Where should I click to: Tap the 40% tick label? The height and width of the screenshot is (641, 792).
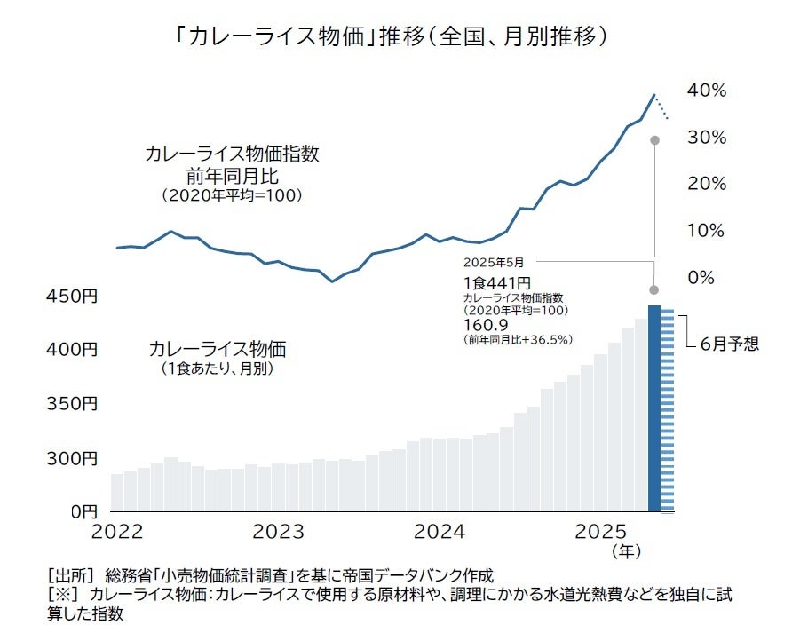tap(707, 91)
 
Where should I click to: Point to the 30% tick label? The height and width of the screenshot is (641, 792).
tap(707, 138)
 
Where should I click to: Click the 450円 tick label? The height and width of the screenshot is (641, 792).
tap(73, 297)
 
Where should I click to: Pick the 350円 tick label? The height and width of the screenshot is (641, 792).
tap(73, 404)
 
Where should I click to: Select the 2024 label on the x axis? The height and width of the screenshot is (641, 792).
tap(440, 533)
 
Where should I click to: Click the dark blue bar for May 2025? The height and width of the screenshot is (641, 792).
tap(654, 408)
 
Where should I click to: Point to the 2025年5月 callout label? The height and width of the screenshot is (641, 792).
tap(494, 263)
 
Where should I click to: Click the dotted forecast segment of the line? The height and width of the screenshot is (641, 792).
tap(662, 107)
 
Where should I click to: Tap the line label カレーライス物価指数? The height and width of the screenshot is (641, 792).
tap(232, 154)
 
